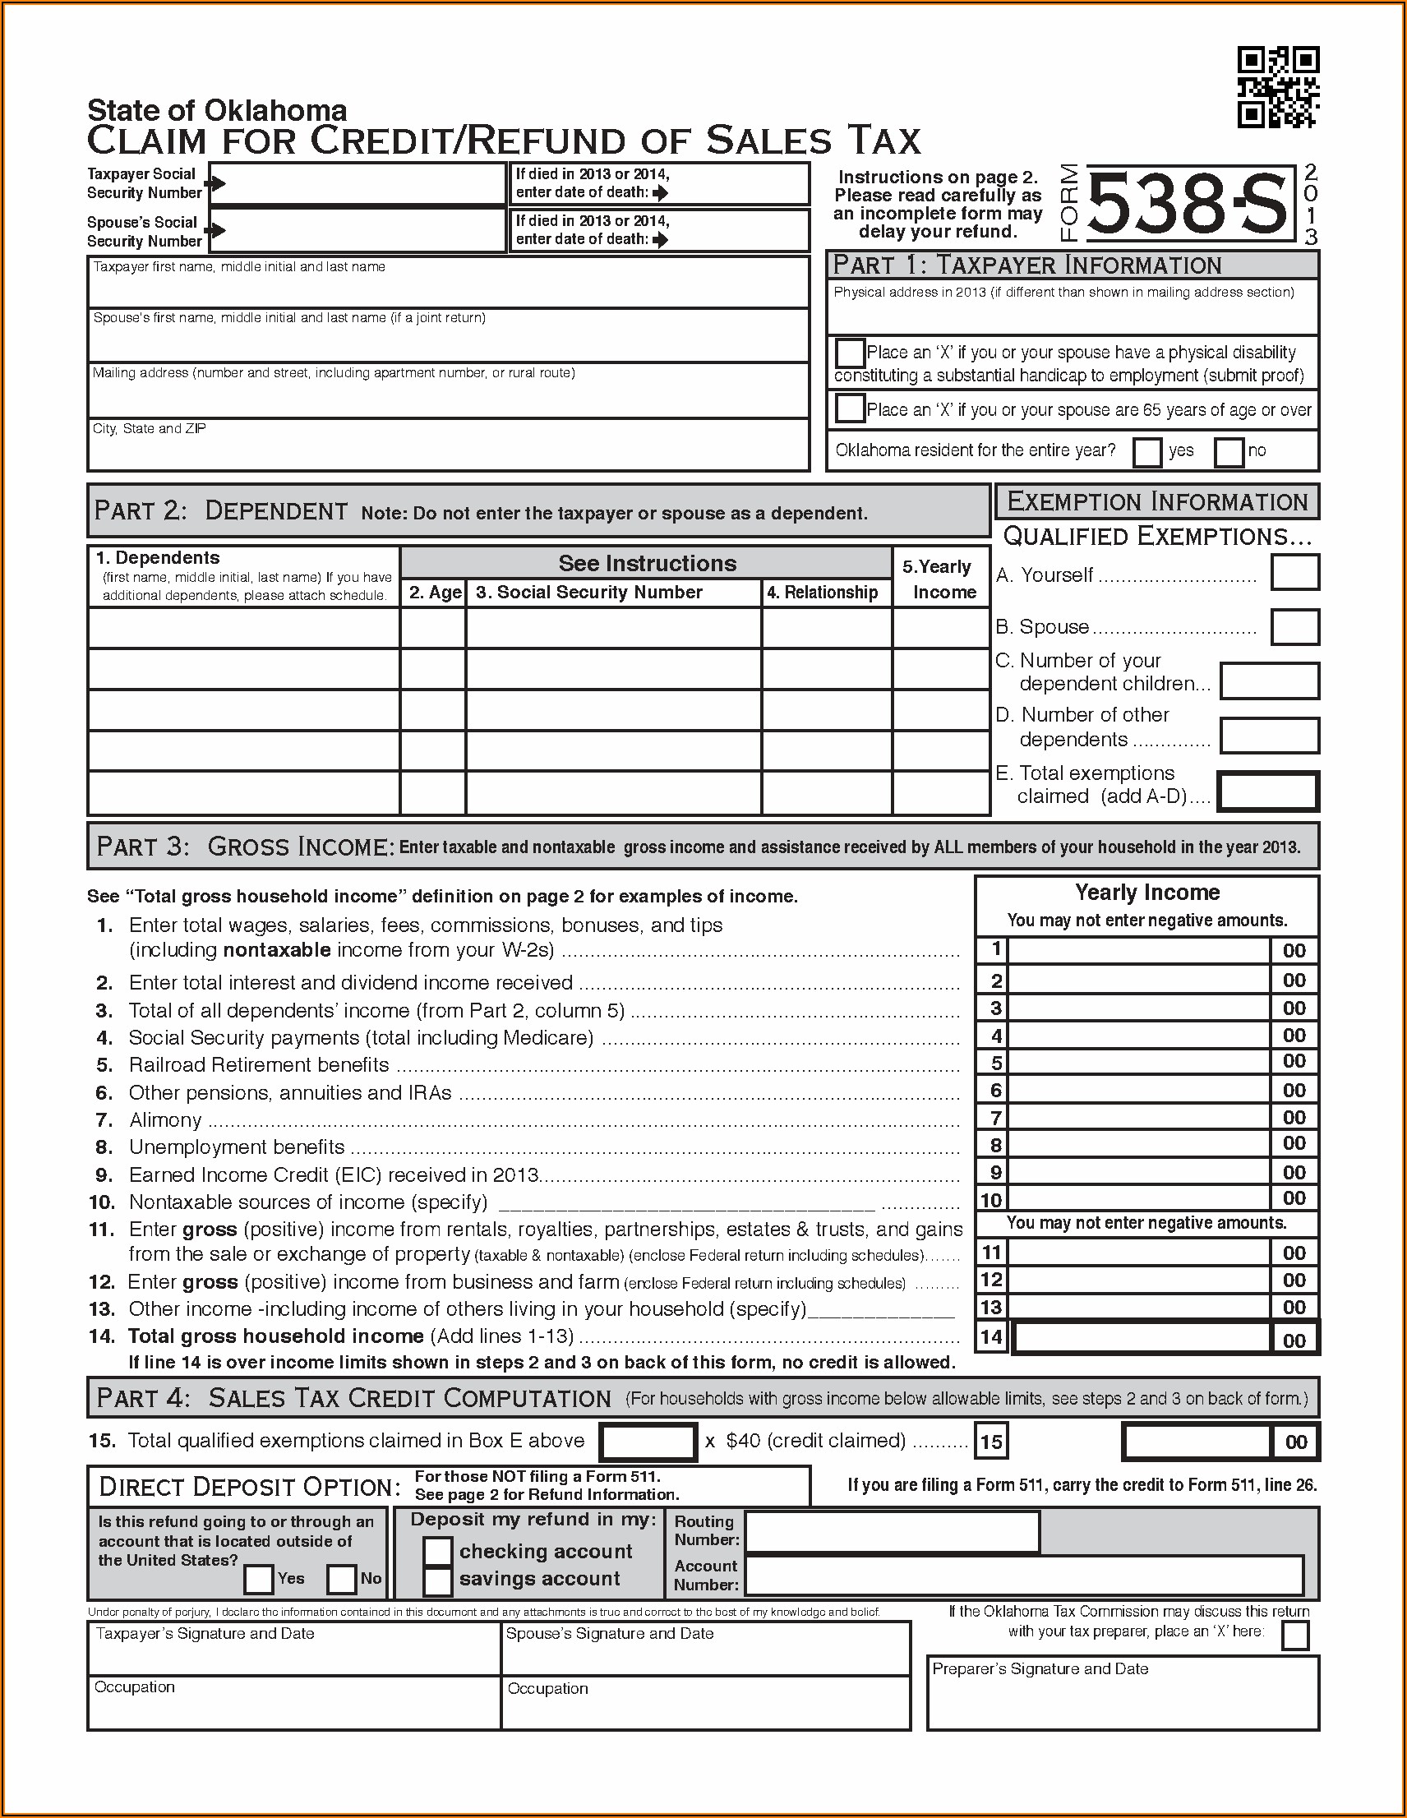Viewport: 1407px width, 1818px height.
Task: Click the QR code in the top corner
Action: point(1277,87)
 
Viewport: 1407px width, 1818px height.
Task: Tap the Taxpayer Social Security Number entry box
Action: point(358,183)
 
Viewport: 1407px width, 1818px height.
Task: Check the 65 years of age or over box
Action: point(849,408)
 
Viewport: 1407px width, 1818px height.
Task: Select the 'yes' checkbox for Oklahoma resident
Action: point(1146,452)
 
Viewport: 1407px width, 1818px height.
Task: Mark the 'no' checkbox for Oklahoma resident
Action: point(1228,452)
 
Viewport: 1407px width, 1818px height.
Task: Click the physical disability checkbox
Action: point(849,353)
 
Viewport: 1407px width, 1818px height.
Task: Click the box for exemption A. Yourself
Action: point(1294,574)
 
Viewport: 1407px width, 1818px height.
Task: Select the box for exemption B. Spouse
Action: point(1294,627)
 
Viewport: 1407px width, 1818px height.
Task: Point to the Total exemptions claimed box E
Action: point(1267,791)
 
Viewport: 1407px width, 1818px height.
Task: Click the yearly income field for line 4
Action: point(1139,1036)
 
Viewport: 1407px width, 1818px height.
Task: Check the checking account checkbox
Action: point(437,1551)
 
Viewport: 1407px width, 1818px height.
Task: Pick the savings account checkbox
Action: point(437,1579)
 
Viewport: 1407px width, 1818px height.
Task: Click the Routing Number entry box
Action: point(892,1532)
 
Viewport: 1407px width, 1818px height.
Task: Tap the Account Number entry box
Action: point(1023,1576)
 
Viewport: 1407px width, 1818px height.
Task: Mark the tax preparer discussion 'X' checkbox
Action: point(1294,1636)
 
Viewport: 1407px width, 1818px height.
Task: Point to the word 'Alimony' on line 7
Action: point(165,1120)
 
